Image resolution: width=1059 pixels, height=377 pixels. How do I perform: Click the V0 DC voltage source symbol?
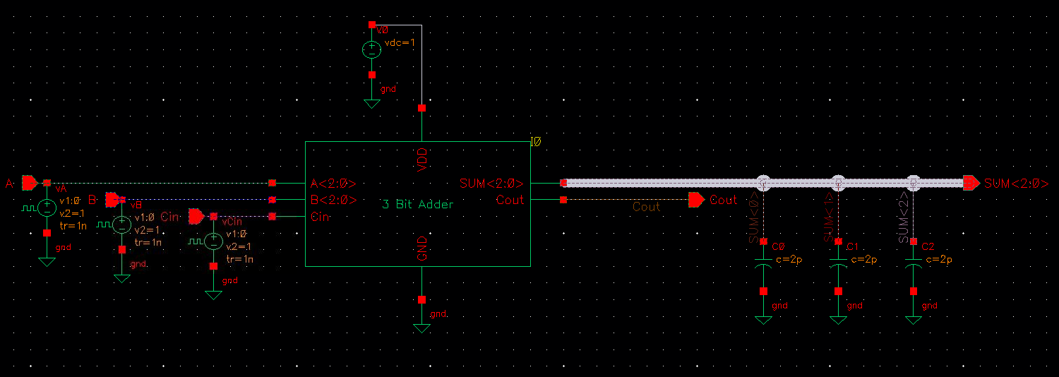[x=371, y=49]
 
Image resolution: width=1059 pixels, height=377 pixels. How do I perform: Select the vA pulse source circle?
[x=47, y=208]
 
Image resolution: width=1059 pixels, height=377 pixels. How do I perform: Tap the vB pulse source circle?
[x=122, y=225]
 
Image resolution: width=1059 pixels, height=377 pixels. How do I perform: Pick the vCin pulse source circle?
[x=213, y=241]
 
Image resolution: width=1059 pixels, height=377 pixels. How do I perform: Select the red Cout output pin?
[x=697, y=200]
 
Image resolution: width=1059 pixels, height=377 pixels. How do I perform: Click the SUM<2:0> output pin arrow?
[x=971, y=183]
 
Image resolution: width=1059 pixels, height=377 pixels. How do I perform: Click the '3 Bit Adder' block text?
[x=417, y=205]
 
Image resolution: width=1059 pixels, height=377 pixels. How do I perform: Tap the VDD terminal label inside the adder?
[x=422, y=160]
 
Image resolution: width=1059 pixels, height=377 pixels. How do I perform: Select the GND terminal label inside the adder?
[x=422, y=249]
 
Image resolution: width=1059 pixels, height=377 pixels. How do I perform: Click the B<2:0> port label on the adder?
[x=333, y=200]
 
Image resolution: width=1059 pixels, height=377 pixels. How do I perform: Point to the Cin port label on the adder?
[x=320, y=217]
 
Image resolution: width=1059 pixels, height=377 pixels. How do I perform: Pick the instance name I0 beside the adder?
[x=536, y=142]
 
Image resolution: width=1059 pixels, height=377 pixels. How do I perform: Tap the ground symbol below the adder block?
[x=421, y=328]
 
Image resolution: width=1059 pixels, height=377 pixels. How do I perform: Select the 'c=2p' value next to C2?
[x=939, y=260]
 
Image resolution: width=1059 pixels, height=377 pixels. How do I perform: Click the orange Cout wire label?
[x=646, y=207]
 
